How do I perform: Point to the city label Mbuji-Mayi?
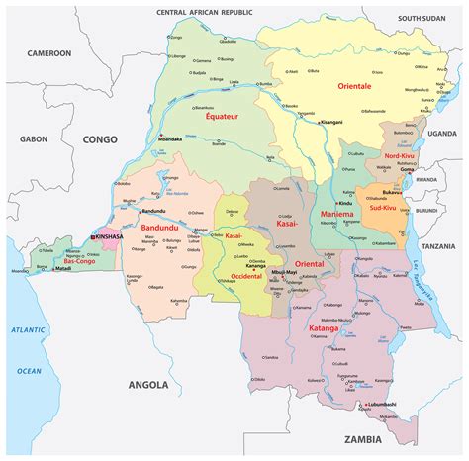(284, 270)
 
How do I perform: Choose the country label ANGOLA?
(147, 384)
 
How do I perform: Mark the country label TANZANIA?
(438, 246)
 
